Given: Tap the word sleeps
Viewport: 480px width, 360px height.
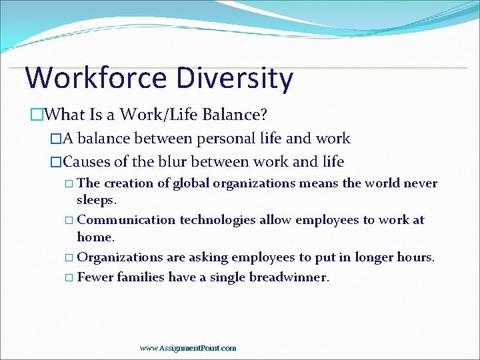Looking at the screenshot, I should click(x=96, y=200).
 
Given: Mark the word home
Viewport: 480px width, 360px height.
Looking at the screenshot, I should click(x=95, y=237).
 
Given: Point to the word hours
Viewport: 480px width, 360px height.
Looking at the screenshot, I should click(x=417, y=257).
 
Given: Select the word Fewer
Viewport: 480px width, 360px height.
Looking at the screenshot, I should click(x=95, y=277).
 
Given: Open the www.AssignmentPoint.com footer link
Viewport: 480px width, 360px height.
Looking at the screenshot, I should click(x=188, y=348).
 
